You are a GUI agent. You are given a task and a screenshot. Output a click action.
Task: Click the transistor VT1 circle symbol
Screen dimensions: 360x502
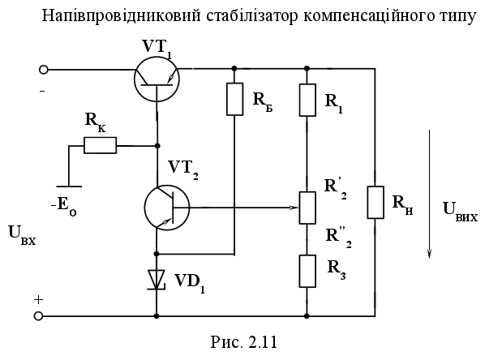tap(157, 78)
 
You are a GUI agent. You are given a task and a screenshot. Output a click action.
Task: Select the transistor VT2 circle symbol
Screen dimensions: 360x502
tap(167, 208)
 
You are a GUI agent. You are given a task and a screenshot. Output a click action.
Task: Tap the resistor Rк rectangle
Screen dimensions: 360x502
tap(101, 146)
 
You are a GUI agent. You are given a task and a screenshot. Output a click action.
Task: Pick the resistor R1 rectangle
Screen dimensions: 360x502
tap(307, 100)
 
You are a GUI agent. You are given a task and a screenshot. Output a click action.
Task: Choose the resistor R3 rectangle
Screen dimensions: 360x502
tap(307, 270)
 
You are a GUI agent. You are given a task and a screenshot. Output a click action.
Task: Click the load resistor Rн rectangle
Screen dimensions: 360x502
tap(375, 202)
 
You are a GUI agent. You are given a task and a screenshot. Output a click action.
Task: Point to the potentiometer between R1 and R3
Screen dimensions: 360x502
tap(307, 207)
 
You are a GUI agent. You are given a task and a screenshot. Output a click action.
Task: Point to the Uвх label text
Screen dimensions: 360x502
tap(23, 240)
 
